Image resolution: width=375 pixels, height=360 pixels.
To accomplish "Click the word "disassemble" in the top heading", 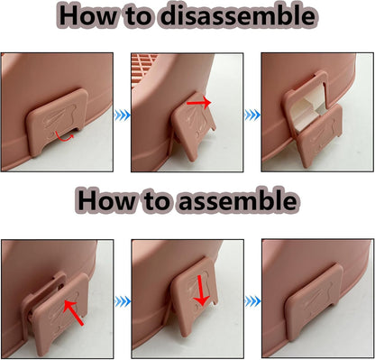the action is pyautogui.click(x=237, y=15).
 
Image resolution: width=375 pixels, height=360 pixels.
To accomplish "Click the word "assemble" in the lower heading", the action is pyautogui.click(x=238, y=200).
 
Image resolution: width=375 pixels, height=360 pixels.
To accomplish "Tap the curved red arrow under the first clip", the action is pyautogui.click(x=64, y=137).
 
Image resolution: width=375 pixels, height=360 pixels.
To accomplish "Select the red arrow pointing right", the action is pyautogui.click(x=199, y=103).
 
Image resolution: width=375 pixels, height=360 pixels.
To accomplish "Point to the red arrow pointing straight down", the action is pyautogui.click(x=200, y=291).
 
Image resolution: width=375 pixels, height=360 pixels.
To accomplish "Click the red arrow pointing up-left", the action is pyautogui.click(x=74, y=313).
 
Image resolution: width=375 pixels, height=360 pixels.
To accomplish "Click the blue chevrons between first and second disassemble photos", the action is pyautogui.click(x=123, y=115).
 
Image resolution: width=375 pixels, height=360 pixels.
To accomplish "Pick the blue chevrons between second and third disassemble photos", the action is pyautogui.click(x=252, y=115).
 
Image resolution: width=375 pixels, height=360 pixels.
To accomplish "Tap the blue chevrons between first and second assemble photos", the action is pyautogui.click(x=123, y=301).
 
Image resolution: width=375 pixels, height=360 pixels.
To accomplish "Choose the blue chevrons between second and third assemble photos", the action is pyautogui.click(x=252, y=301).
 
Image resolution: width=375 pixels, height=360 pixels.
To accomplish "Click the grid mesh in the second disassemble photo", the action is pyautogui.click(x=145, y=68).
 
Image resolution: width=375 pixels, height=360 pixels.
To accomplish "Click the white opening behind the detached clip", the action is pyautogui.click(x=305, y=110).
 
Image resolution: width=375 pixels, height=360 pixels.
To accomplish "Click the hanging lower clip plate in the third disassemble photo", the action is pyautogui.click(x=319, y=136).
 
